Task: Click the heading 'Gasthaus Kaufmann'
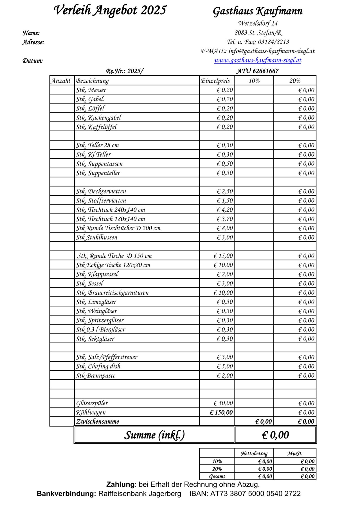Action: (258, 11)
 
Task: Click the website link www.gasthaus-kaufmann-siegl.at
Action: (258, 60)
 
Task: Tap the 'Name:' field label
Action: (31, 33)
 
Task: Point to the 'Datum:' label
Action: (33, 61)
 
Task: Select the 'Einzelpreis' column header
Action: (215, 81)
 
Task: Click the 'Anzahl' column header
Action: (61, 81)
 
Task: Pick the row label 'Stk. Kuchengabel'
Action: (98, 118)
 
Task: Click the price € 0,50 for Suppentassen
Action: (225, 164)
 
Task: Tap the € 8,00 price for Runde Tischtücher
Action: (225, 228)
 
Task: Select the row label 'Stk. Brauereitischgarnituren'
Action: (112, 293)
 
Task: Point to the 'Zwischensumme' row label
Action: (98, 422)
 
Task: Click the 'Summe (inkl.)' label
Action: (154, 435)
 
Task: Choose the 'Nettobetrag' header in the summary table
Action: (254, 454)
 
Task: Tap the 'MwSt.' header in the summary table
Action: (294, 454)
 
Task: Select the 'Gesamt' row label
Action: (217, 476)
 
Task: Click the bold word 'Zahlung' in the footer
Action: (120, 485)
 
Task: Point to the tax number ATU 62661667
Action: (257, 71)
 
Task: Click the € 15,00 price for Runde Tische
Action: (223, 256)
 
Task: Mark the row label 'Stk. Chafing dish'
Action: (98, 366)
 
